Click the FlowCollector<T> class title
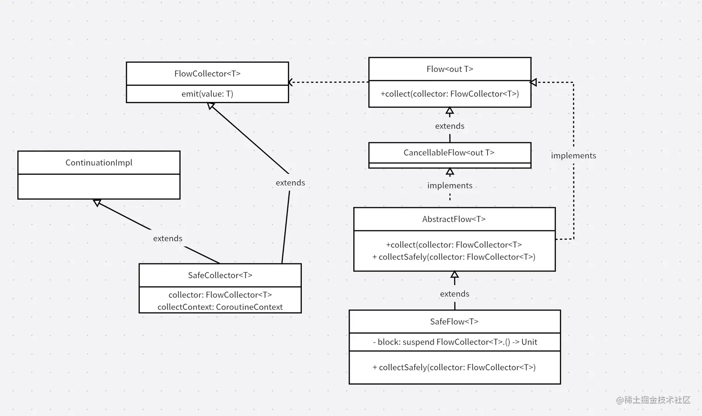tap(207, 74)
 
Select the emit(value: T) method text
tap(207, 94)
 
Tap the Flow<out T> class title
tap(449, 69)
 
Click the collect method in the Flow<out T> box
tap(449, 94)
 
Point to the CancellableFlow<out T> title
tap(449, 153)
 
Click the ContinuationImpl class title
tap(98, 163)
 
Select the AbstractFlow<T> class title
tap(454, 219)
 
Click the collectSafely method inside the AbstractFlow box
tap(454, 257)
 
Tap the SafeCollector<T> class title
tap(220, 275)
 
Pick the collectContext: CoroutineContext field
tap(220, 307)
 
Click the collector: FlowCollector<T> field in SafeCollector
tap(220, 295)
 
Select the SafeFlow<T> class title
tap(454, 322)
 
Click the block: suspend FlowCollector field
tap(455, 342)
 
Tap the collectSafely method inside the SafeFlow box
tap(454, 367)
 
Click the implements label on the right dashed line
tap(573, 156)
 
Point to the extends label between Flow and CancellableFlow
tap(449, 126)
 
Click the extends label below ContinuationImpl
tap(168, 238)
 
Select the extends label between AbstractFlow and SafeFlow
tap(455, 294)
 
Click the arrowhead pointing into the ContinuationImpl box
tap(97, 203)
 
